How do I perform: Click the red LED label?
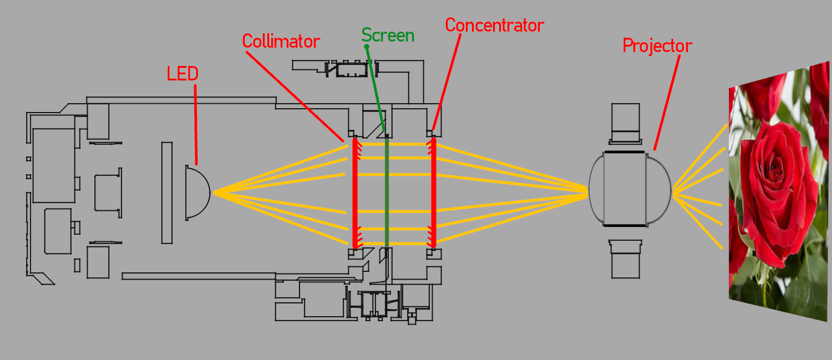[x=182, y=74]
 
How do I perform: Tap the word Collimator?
[x=281, y=42]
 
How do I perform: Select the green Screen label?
[x=388, y=36]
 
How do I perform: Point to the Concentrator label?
[x=494, y=26]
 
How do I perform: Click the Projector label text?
[x=657, y=46]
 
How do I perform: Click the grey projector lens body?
[x=625, y=189]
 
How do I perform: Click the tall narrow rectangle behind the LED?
[x=167, y=192]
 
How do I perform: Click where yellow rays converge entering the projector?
[x=587, y=192]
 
